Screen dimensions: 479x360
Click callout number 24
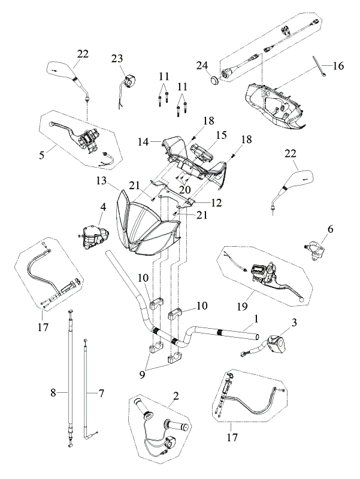(202, 65)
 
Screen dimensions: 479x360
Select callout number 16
(338, 66)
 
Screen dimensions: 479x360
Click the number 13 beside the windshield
(101, 181)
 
